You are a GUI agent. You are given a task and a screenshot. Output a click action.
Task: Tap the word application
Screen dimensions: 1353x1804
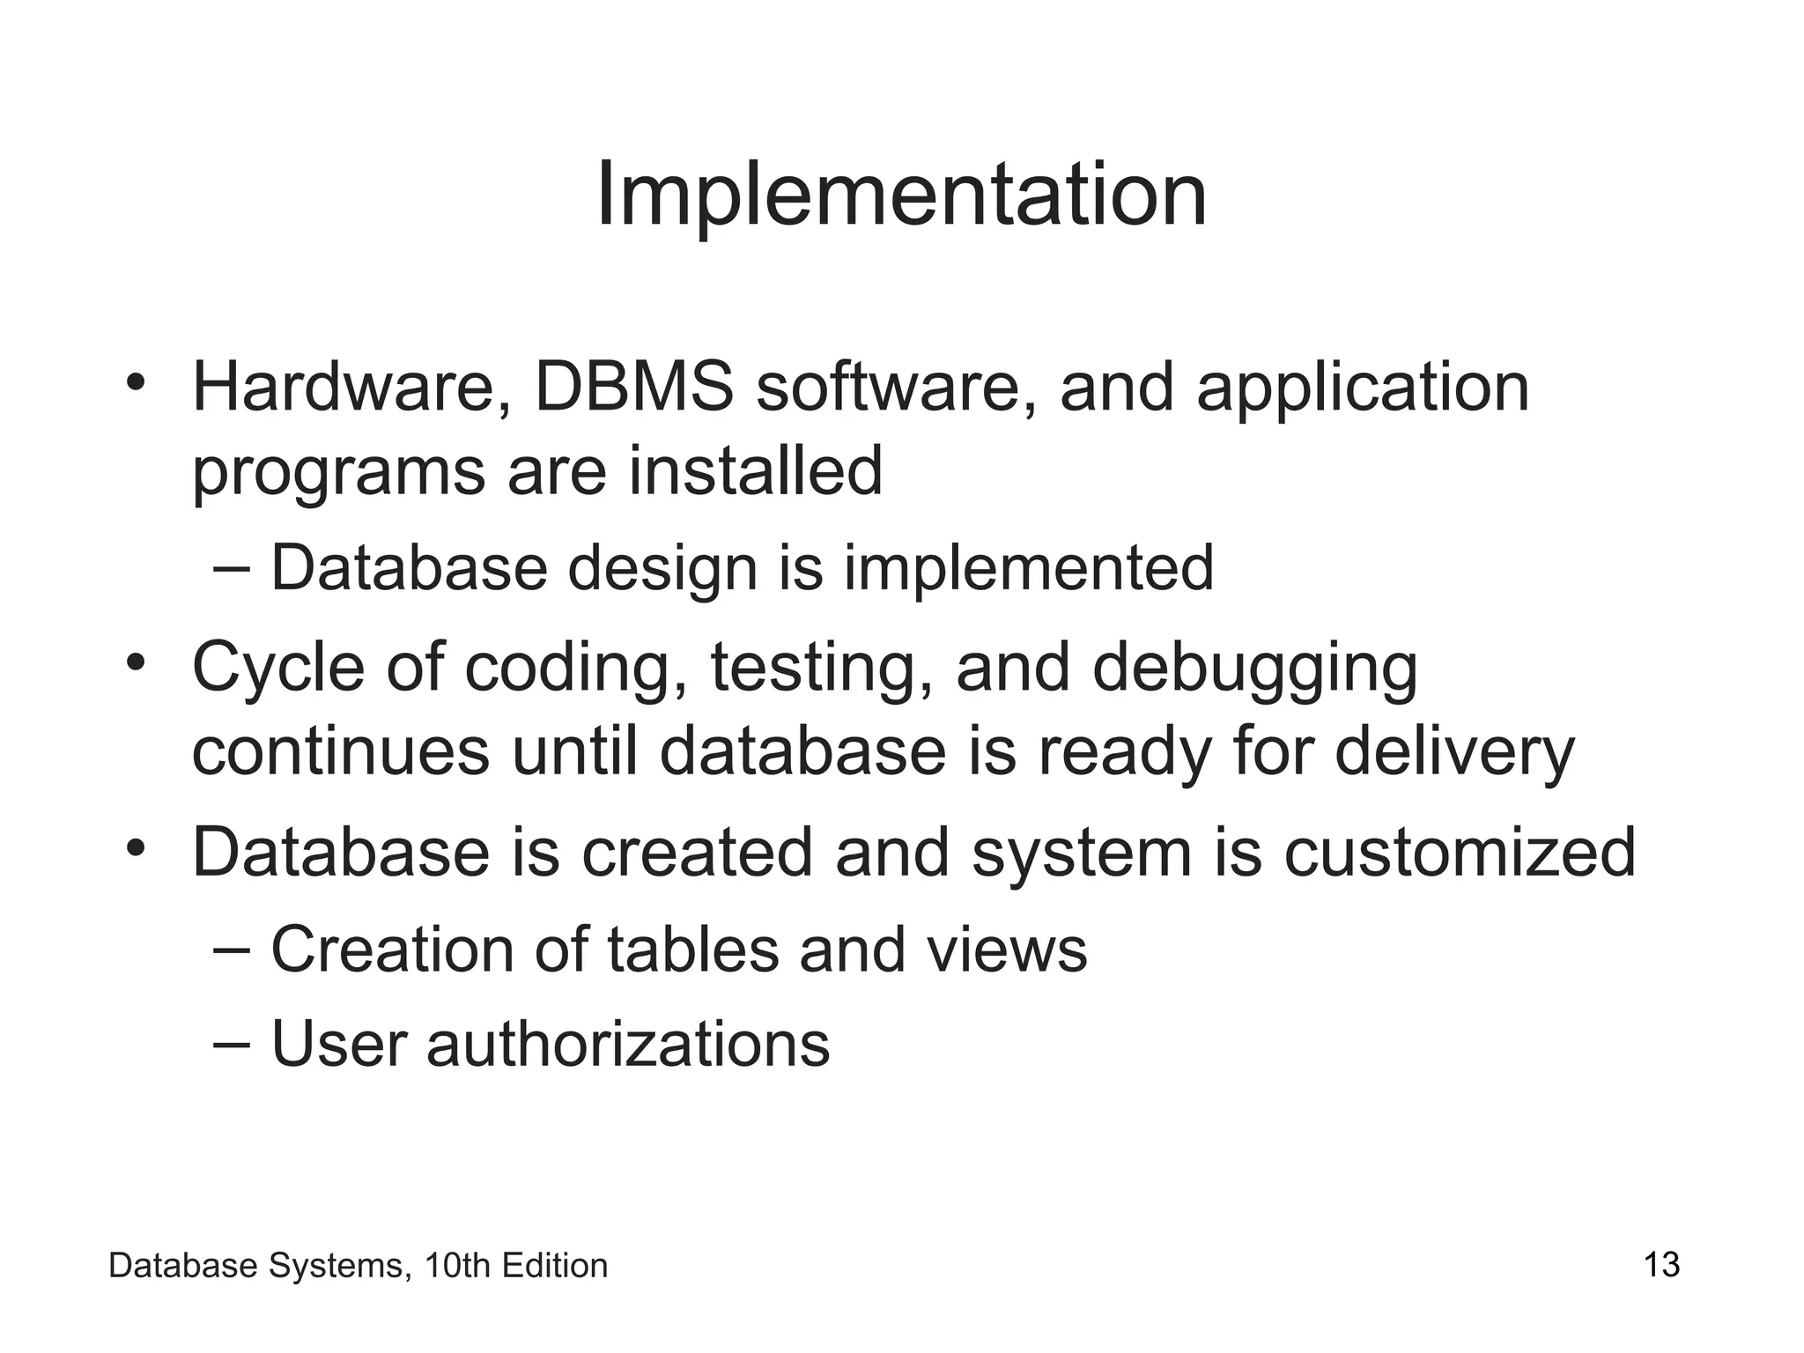1362,388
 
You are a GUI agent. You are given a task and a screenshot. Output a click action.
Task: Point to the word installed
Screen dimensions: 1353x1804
755,470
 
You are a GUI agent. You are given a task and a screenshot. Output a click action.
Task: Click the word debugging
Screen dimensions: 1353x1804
1255,668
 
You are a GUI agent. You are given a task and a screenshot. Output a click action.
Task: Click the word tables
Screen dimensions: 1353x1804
692,950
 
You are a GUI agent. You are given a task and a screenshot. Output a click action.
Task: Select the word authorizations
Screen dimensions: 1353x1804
628,1044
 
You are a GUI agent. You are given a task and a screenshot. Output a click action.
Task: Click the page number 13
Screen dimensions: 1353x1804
1661,1265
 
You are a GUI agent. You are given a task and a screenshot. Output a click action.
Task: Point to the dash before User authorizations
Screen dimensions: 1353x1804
233,1042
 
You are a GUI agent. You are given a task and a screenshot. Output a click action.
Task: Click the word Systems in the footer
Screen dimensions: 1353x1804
338,1266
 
